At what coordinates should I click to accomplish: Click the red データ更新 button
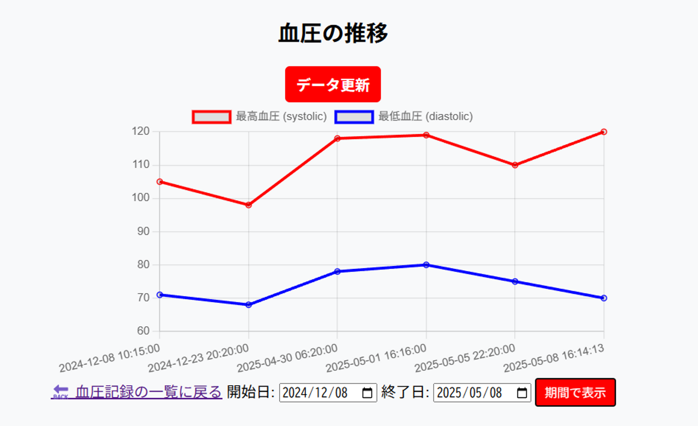pos(333,84)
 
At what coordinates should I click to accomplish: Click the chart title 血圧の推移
pos(333,33)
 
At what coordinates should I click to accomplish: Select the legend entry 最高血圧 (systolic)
pos(259,117)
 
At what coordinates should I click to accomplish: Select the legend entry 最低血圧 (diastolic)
pos(403,117)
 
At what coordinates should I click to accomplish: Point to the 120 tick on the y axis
pos(141,131)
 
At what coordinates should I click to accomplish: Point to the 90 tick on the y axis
pos(143,232)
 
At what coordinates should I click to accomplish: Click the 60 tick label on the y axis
pos(143,331)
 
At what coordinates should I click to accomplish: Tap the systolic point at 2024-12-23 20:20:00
pos(249,205)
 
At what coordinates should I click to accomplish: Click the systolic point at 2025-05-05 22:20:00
pos(515,165)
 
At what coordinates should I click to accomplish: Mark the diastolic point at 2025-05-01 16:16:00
pos(426,265)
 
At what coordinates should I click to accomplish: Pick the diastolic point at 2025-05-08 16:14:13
pos(603,298)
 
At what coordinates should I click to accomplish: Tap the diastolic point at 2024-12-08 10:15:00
pos(160,295)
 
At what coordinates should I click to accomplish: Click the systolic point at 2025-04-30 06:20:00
pos(337,139)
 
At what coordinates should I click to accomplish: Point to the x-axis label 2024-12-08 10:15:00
pos(110,358)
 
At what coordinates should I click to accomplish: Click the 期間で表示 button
pos(575,393)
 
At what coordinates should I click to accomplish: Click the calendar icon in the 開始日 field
pos(367,393)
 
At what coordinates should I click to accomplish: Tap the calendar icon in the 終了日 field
pos(522,393)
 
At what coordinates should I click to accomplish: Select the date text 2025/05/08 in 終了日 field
pos(469,393)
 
